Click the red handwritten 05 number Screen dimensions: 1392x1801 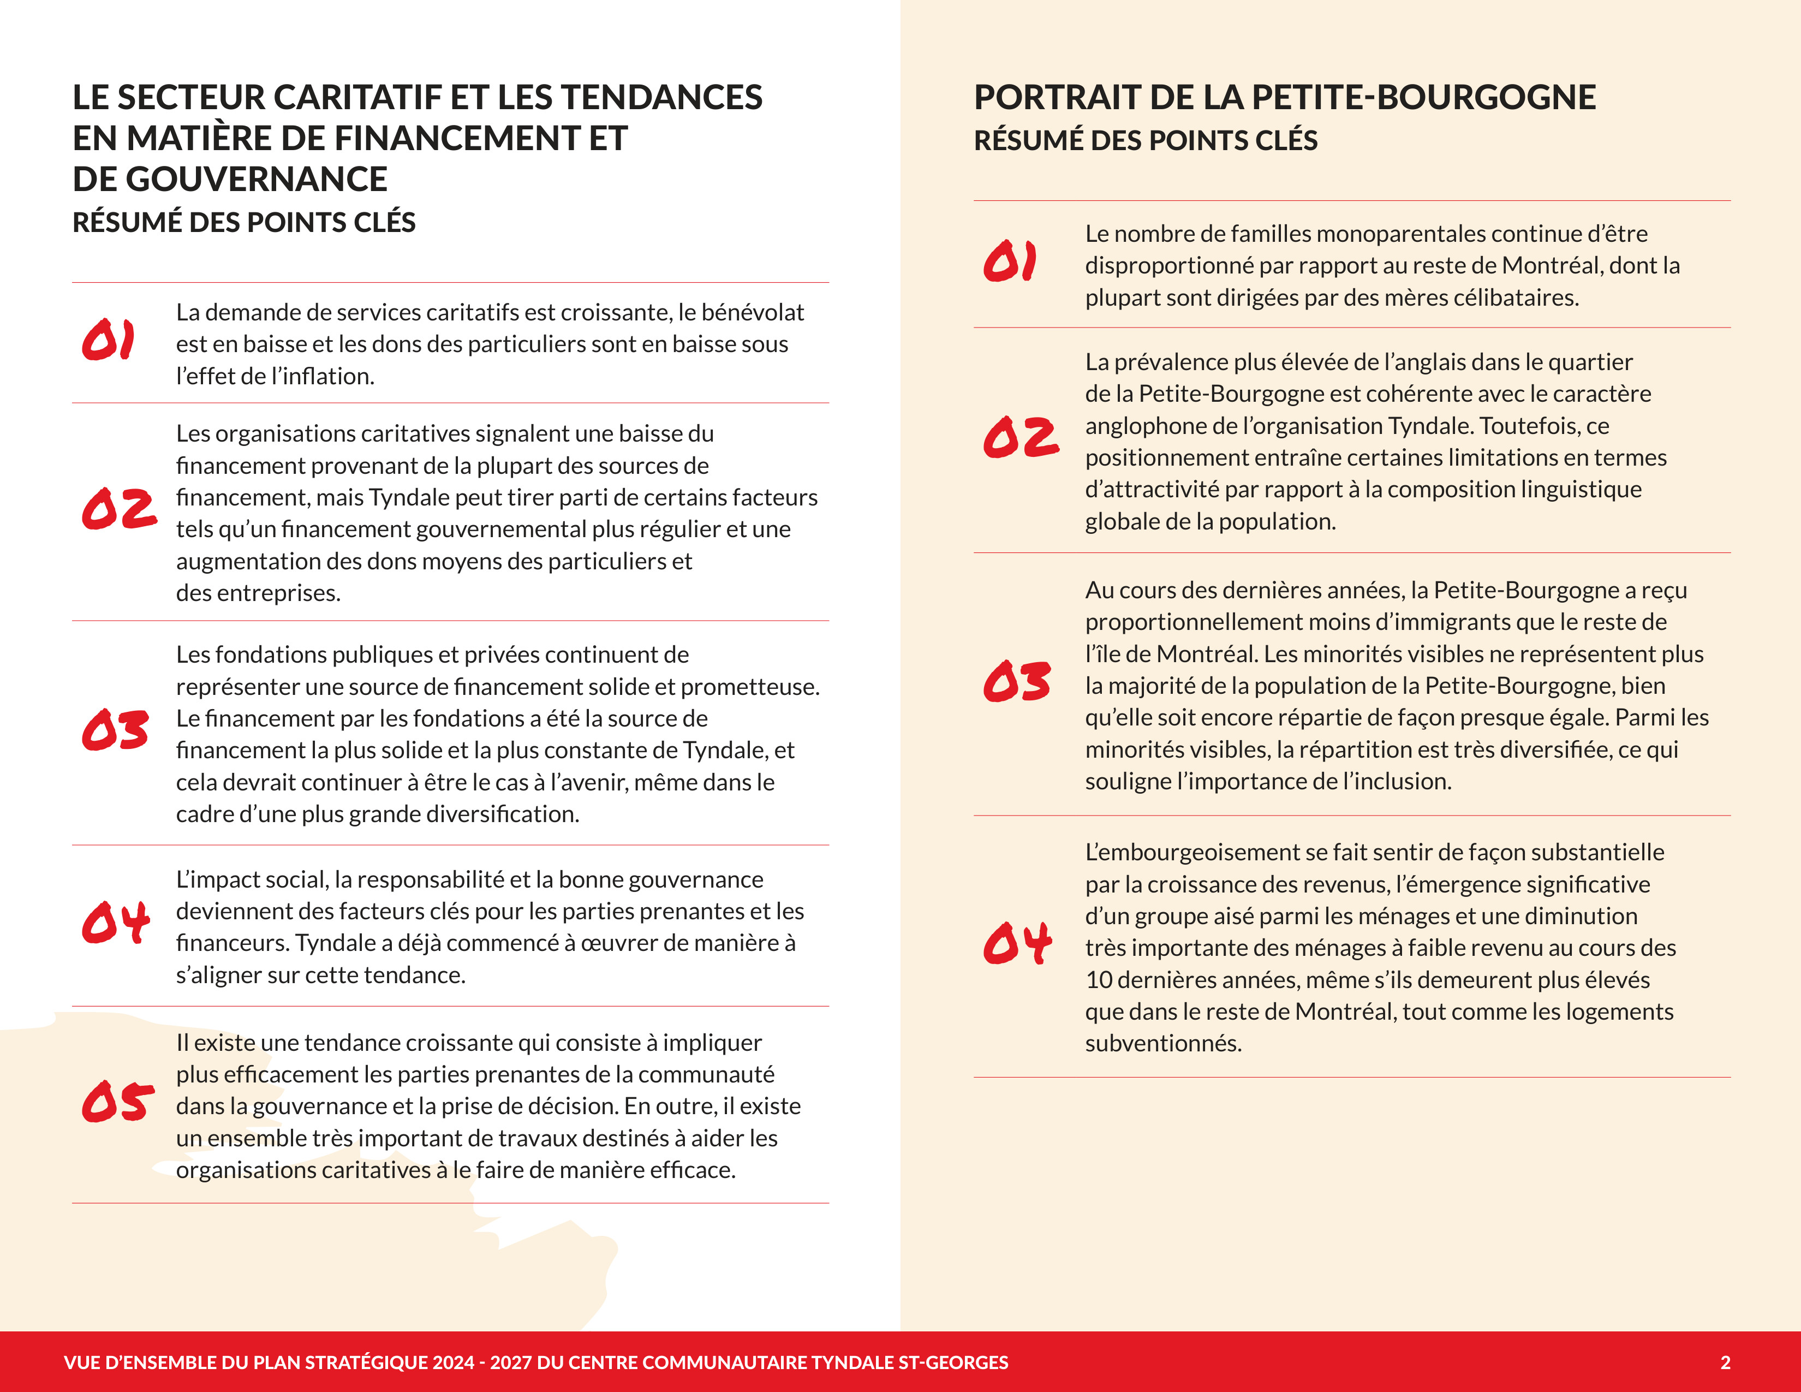[118, 1102]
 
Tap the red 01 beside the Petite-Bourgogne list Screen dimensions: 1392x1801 [1009, 261]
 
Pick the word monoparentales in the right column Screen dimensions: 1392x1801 [1394, 234]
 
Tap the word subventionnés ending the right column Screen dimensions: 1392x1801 [1162, 1043]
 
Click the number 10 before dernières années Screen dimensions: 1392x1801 [1099, 980]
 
